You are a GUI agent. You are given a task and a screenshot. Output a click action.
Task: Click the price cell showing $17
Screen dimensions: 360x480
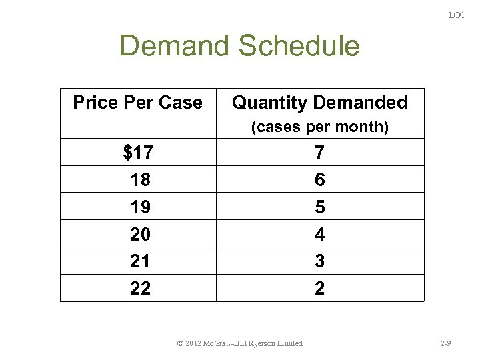138,153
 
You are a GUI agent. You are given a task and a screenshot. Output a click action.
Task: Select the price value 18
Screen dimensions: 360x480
140,180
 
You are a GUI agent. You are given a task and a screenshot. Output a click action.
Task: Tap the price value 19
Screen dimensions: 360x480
140,207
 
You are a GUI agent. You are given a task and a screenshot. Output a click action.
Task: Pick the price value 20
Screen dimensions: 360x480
140,235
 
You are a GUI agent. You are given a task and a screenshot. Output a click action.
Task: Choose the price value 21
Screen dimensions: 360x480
140,261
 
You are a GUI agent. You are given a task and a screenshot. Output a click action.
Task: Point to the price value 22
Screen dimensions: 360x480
140,289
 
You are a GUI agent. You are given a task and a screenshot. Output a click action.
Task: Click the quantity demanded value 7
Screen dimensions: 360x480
320,153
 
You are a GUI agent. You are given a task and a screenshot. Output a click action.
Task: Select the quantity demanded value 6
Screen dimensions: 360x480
320,180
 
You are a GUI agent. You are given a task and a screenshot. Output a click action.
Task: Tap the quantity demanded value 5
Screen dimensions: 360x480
320,207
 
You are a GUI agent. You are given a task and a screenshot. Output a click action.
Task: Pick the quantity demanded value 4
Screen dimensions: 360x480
320,235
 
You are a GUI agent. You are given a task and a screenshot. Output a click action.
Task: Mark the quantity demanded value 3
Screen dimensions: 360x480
320,261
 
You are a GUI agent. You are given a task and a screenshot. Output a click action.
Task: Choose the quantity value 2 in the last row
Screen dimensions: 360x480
320,289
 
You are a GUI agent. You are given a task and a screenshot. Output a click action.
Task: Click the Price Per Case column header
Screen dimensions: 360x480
137,103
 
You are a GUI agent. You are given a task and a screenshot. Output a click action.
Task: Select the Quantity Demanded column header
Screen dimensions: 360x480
319,103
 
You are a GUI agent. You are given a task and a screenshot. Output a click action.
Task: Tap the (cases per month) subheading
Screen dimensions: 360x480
319,127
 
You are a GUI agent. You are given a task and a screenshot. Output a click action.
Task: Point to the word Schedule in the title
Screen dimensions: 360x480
299,46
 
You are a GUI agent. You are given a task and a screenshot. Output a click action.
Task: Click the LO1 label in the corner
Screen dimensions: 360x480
456,15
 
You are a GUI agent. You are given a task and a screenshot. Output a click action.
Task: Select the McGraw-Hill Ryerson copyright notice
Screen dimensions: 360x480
240,343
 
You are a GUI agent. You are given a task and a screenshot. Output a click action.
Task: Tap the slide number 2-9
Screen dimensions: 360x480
446,343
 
